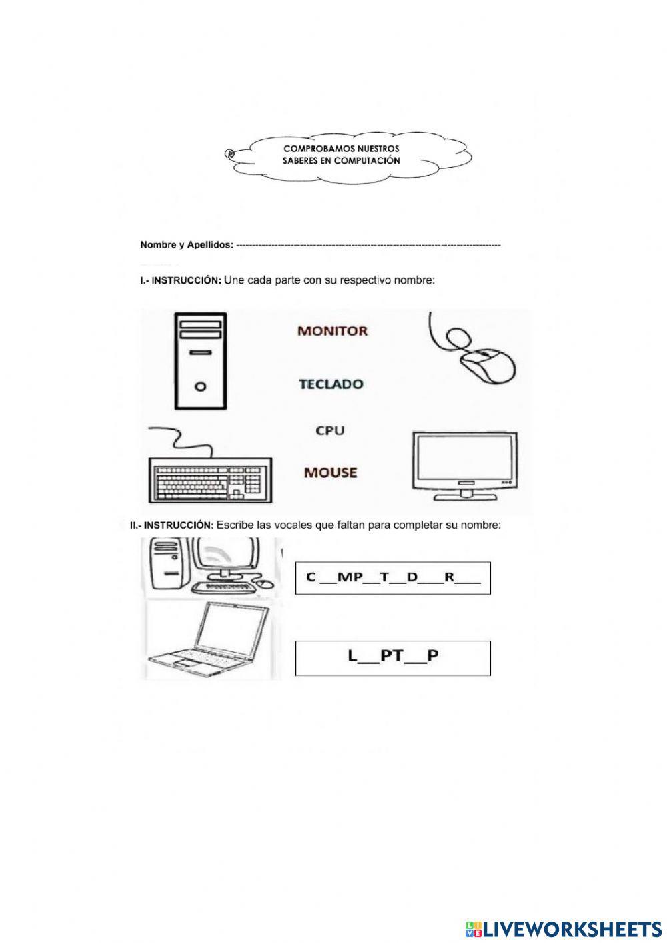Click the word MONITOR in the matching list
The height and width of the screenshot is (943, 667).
331,330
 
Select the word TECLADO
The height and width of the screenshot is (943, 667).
331,384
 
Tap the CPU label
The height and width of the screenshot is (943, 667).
330,431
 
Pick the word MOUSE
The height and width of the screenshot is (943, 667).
330,473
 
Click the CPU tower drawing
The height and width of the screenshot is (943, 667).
201,360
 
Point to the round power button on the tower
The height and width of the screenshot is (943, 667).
201,386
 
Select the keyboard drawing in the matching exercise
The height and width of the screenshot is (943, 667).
209,479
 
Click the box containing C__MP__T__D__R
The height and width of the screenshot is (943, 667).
393,578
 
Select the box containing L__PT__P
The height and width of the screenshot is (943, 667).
393,657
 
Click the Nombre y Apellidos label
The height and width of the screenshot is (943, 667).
187,245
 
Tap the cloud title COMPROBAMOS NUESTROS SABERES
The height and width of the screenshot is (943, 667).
341,155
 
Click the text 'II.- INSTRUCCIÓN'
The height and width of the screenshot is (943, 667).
171,526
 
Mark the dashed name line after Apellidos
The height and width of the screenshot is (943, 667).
368,246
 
